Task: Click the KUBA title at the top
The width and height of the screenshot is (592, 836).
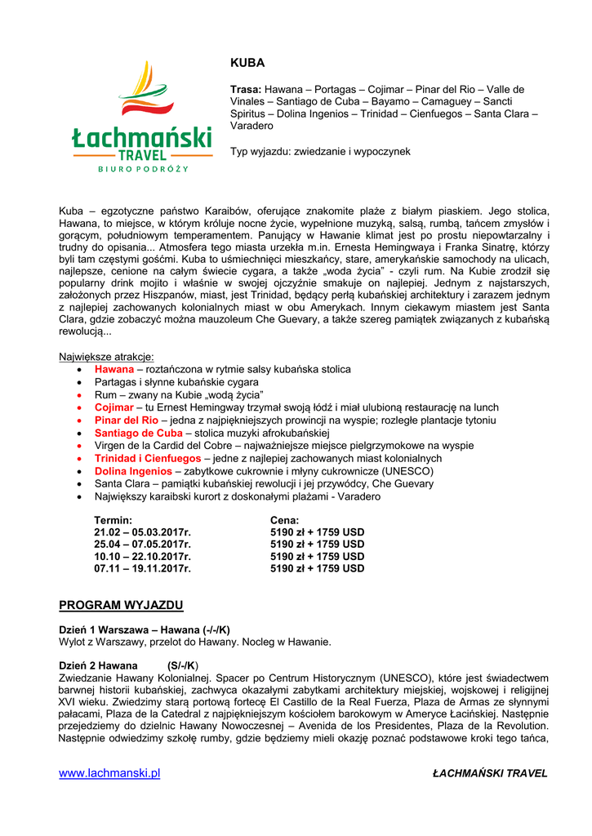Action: click(247, 63)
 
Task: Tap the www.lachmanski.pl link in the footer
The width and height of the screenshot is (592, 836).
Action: click(109, 773)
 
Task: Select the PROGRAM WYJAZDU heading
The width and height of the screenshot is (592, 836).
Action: click(121, 605)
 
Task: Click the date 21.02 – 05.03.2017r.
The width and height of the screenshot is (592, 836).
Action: click(142, 532)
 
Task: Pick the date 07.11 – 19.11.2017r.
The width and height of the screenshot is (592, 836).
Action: click(142, 568)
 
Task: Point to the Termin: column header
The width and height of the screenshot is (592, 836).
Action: click(114, 520)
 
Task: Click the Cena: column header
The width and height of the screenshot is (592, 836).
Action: click(284, 520)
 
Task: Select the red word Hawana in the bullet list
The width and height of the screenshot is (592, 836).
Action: click(114, 370)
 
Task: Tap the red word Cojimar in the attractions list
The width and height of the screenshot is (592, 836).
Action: click(114, 407)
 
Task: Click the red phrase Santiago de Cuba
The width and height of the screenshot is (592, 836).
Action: click(138, 433)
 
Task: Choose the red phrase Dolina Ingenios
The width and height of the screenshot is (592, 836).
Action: click(133, 471)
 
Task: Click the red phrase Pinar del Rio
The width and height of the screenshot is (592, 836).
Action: click(126, 420)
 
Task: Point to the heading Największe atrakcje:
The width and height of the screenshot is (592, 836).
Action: click(106, 357)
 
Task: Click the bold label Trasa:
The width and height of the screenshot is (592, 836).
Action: click(245, 89)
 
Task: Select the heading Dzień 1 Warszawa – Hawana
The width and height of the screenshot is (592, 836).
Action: click(144, 629)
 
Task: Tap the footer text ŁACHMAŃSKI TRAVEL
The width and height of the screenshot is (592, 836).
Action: click(490, 774)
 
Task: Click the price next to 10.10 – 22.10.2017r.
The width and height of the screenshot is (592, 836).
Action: click(317, 556)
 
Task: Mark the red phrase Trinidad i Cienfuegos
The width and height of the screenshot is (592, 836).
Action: click(147, 459)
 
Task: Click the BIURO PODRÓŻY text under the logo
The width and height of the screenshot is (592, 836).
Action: click(143, 169)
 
